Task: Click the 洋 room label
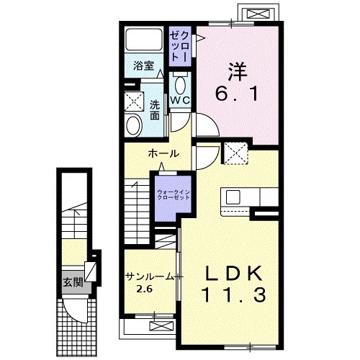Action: coord(238,72)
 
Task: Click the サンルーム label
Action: coord(148,276)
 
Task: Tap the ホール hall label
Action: coord(163,154)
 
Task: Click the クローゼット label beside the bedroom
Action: coord(179,45)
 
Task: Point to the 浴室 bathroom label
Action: coord(143,66)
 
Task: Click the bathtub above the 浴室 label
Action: coord(143,41)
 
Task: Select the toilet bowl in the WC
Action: coord(180,81)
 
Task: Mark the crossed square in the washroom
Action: coord(134,101)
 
